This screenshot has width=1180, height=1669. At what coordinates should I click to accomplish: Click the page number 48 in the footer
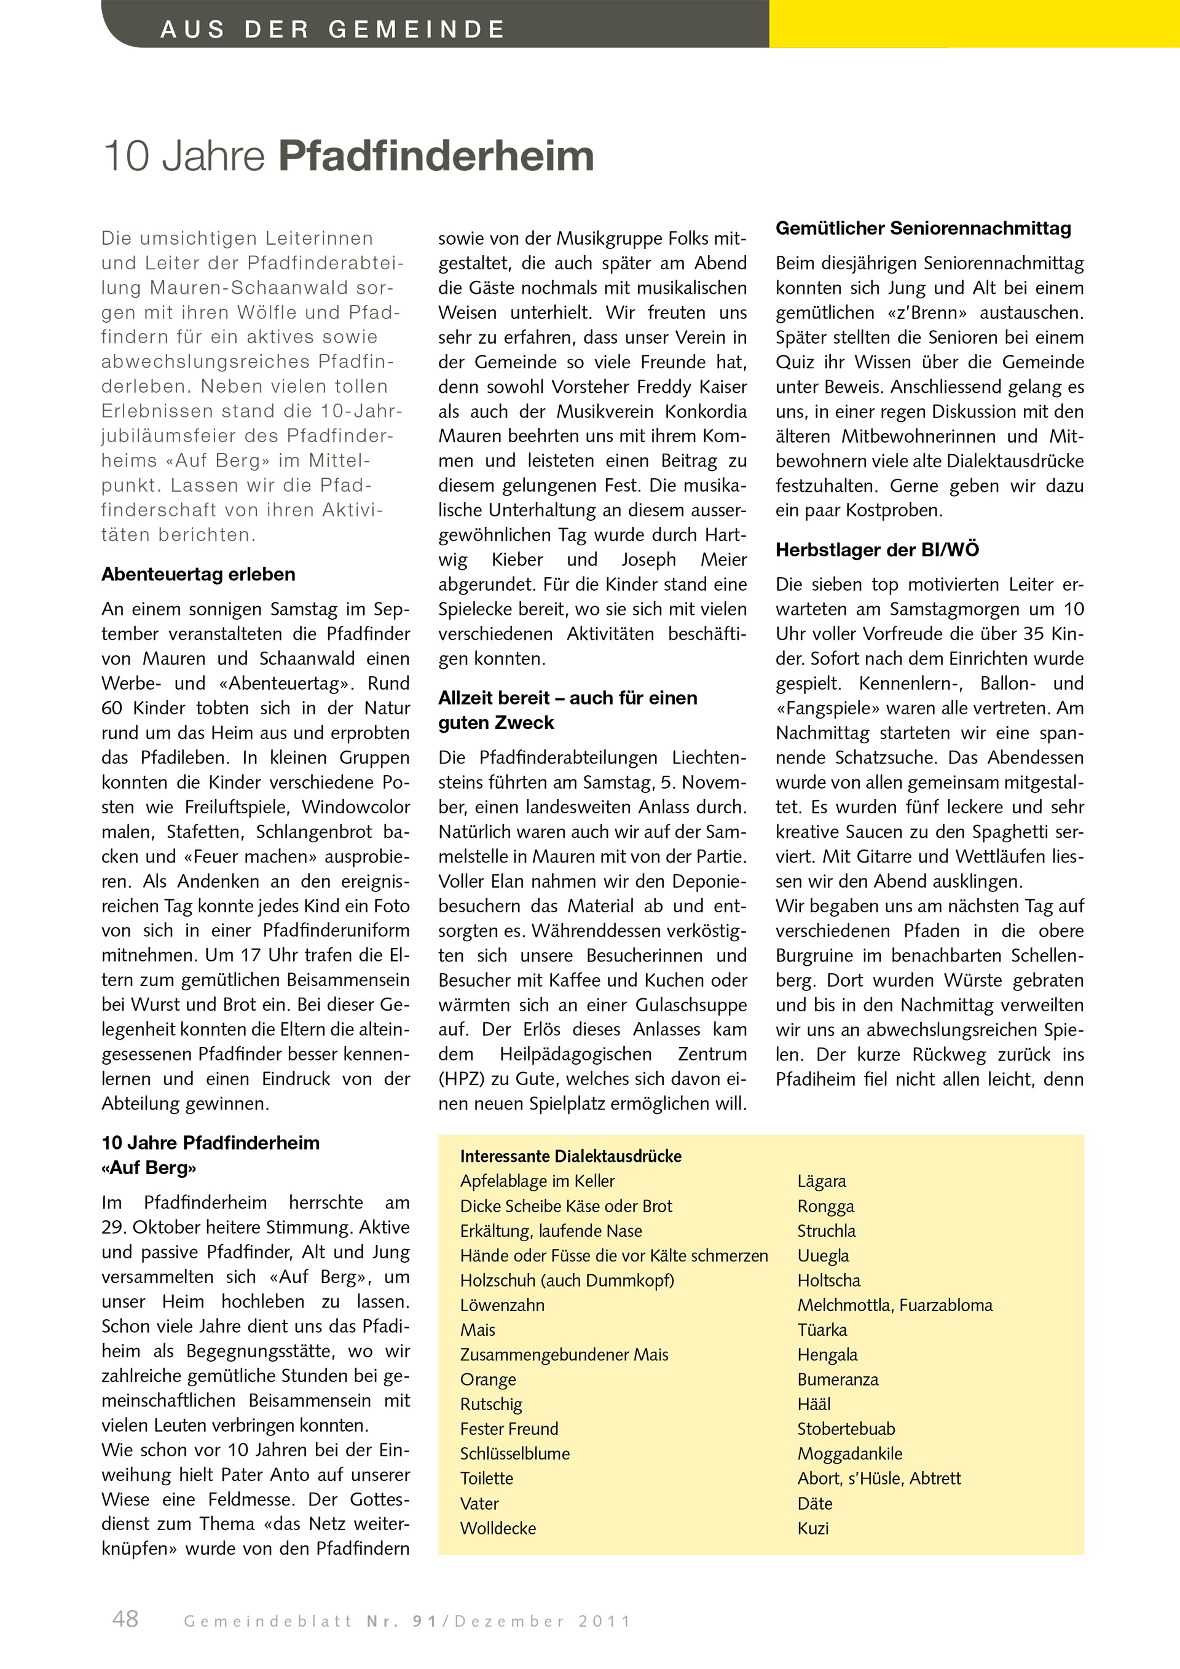[x=125, y=1619]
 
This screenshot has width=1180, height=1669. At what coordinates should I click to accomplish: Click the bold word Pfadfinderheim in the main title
[x=436, y=156]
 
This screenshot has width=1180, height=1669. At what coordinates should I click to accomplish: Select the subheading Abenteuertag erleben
[x=199, y=574]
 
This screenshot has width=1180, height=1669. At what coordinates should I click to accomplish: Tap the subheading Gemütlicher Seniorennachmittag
[x=922, y=228]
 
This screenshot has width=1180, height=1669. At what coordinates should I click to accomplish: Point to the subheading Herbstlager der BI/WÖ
[x=877, y=550]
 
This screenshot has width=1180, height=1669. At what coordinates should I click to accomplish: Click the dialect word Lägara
[x=822, y=1182]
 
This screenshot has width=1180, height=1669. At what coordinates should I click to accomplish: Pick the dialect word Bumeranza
[x=838, y=1379]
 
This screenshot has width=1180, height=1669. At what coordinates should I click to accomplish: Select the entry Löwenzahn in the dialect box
[x=502, y=1305]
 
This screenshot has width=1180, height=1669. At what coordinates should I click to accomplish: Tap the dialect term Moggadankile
[x=849, y=1453]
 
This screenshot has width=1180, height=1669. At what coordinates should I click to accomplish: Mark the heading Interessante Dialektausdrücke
[x=570, y=1156]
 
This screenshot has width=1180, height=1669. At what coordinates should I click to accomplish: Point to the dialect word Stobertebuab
[x=846, y=1429]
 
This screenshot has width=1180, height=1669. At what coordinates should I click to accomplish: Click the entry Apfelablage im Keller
[x=537, y=1182]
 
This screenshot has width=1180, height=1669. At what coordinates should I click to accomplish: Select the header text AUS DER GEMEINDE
[x=332, y=29]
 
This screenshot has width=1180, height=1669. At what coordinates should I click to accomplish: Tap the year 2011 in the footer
[x=605, y=1621]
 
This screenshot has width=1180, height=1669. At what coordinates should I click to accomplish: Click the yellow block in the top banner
[x=974, y=23]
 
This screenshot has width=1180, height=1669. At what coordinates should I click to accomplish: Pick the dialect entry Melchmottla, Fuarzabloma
[x=894, y=1305]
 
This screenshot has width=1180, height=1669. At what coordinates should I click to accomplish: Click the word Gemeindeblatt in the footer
[x=267, y=1621]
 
